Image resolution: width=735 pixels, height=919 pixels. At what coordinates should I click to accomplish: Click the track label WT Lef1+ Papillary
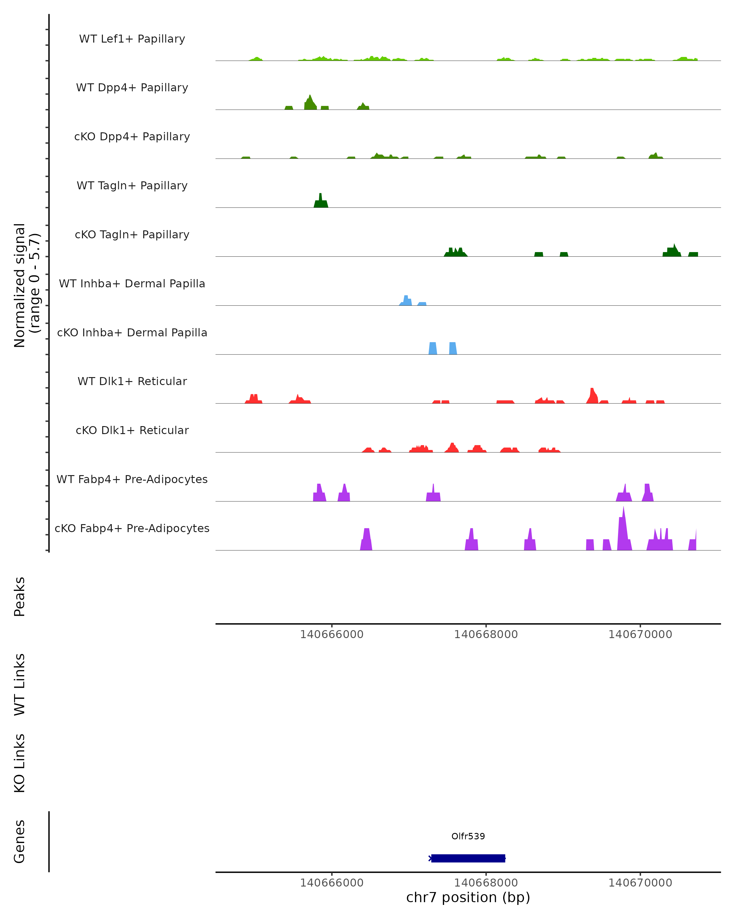coord(132,39)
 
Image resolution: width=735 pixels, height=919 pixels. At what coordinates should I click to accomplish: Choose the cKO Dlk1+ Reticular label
coord(132,430)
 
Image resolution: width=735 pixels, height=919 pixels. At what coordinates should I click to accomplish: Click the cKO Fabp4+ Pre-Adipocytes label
coord(132,528)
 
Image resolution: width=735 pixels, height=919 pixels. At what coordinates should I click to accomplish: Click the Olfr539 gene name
coord(468,836)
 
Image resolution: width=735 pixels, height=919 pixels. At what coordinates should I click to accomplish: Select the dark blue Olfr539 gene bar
coord(468,858)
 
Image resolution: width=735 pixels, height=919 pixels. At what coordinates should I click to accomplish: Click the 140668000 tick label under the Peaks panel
coord(486,634)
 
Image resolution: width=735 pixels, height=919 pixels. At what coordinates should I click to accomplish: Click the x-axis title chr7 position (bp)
coord(468,897)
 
